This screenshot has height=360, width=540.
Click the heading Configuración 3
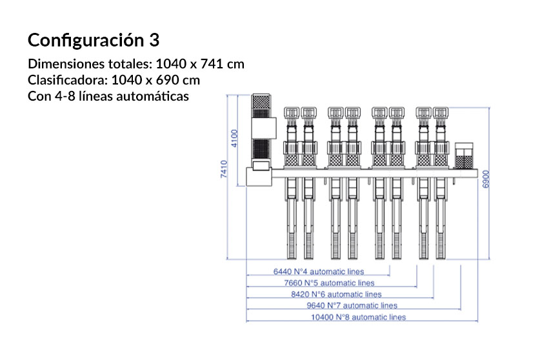93,41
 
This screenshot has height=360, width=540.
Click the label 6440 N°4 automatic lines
319,272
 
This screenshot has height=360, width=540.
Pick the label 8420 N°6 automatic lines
341,294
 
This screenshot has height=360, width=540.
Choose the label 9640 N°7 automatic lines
352,305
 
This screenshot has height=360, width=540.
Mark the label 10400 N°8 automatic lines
358,317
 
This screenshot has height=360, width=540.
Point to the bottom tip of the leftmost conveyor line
290,256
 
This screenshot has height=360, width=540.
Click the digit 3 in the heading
154,41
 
